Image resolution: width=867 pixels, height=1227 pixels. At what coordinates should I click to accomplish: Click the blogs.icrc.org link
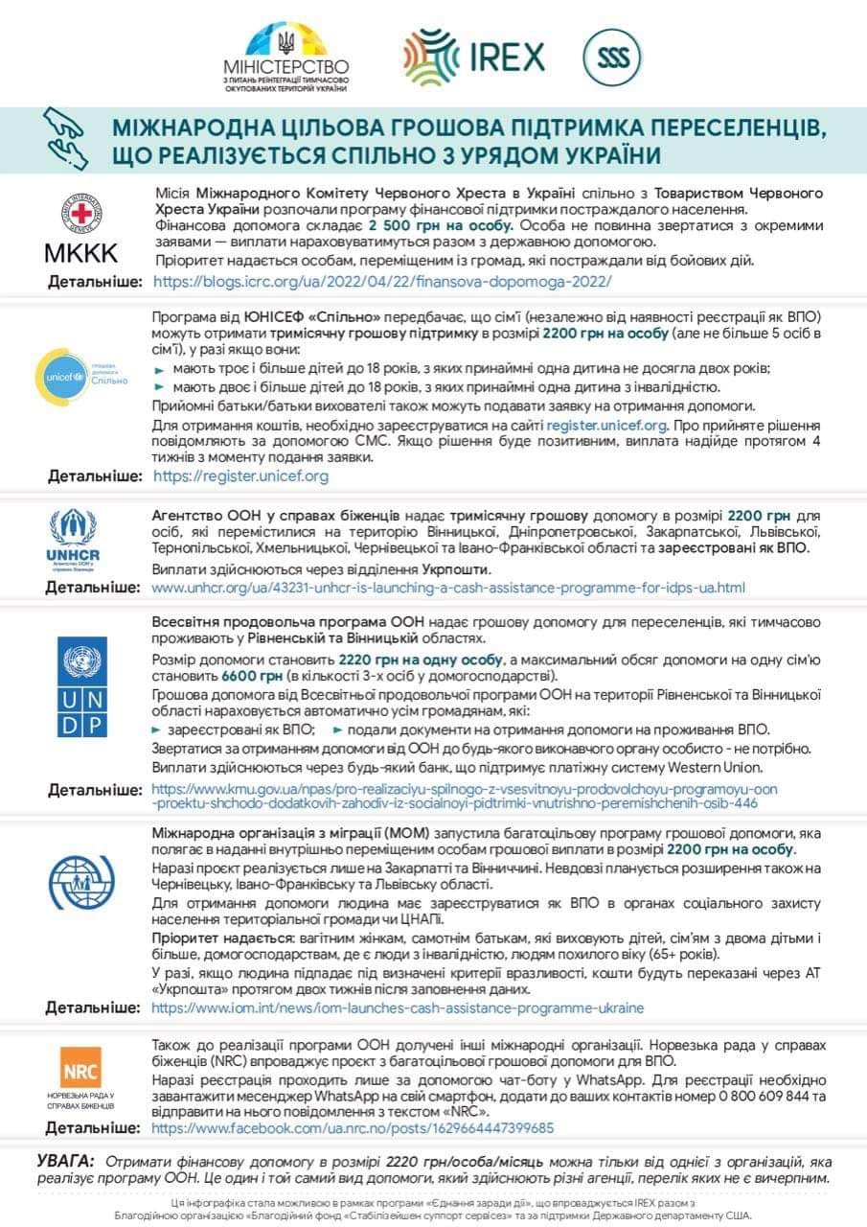click(381, 282)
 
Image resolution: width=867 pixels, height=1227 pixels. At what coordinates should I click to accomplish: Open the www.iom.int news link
click(398, 1007)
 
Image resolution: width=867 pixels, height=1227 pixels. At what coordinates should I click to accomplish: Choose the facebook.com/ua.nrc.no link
click(353, 1128)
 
